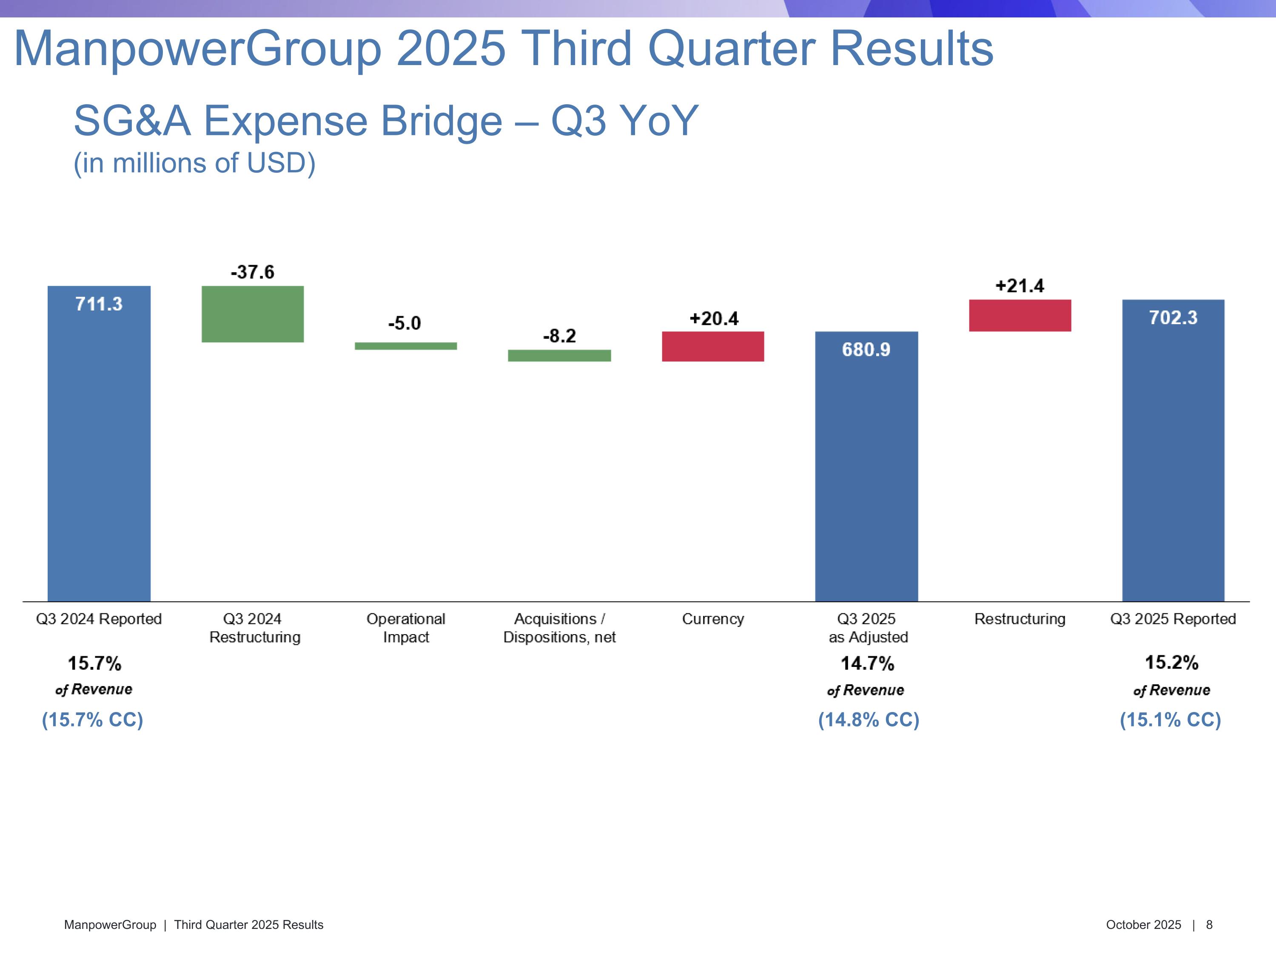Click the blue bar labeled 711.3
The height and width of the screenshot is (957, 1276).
(x=99, y=444)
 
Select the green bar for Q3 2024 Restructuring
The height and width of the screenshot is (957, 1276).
(x=253, y=314)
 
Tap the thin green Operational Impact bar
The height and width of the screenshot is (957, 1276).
(x=405, y=346)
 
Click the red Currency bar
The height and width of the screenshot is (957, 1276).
(x=713, y=346)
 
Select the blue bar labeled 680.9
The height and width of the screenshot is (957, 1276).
(x=866, y=467)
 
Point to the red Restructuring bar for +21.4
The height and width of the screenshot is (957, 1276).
(x=1020, y=316)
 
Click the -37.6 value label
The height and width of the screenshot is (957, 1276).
(x=253, y=272)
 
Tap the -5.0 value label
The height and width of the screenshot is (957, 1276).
(x=404, y=323)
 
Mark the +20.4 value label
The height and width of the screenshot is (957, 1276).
(x=714, y=319)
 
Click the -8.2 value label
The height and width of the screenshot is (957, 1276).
(x=560, y=336)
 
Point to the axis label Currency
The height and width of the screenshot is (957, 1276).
(x=713, y=619)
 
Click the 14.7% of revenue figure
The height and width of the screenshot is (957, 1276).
(x=867, y=664)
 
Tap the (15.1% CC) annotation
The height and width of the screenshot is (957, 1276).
(x=1171, y=720)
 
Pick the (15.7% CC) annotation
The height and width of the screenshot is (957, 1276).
(x=92, y=720)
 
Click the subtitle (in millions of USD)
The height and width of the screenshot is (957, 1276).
(x=194, y=163)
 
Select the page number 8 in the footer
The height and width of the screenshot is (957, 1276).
(x=1209, y=925)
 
